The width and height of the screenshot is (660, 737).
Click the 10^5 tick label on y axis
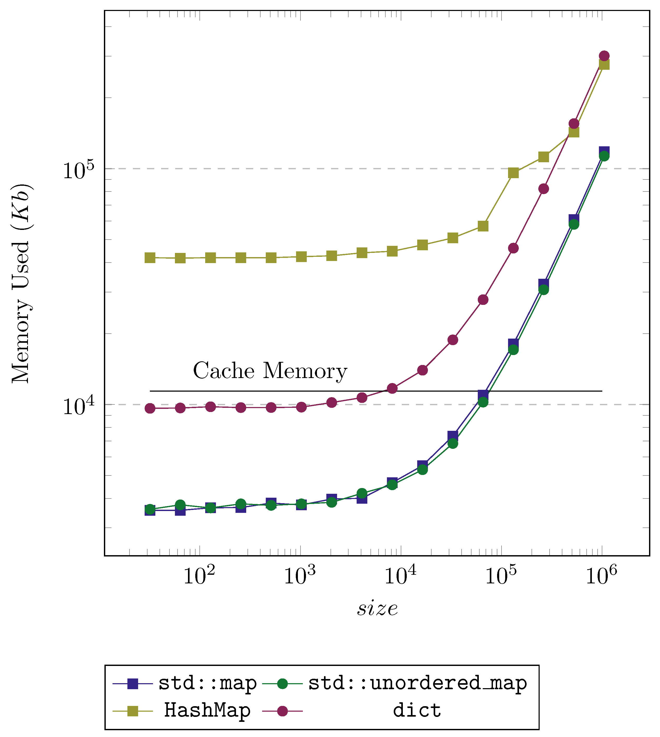coord(78,170)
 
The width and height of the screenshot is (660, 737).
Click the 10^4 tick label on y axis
coord(78,406)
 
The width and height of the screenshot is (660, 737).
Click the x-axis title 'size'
coord(377,609)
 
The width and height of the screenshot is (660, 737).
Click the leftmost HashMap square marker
coord(150,258)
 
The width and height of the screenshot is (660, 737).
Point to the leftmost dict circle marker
coord(150,409)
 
